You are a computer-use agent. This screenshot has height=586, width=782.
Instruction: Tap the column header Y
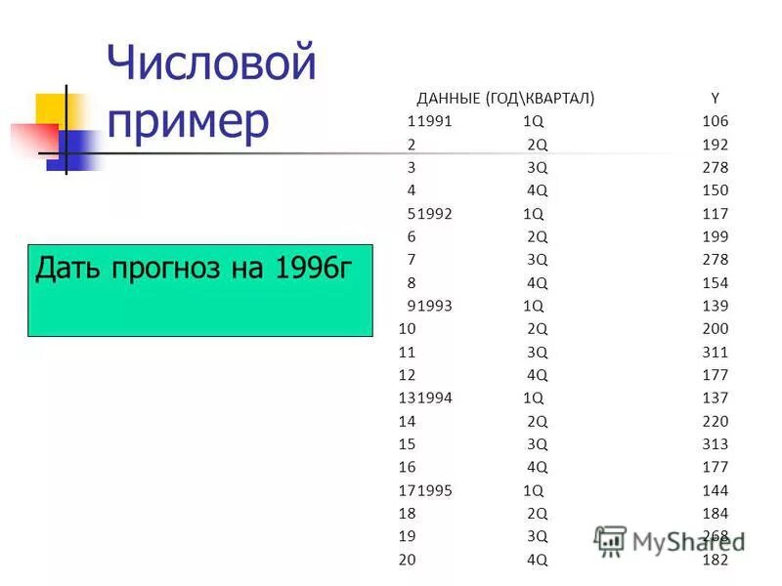715,98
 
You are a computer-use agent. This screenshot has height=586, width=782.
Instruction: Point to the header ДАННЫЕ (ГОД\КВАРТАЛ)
505,98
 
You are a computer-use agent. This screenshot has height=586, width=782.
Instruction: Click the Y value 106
715,121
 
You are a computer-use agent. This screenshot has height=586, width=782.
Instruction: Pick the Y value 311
715,352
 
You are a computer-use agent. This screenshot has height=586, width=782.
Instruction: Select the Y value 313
715,444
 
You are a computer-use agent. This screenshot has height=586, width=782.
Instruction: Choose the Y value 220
715,421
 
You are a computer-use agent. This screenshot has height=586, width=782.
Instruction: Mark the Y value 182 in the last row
715,560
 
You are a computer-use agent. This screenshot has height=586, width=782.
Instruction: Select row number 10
408,329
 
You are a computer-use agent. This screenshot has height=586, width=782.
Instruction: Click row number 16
408,467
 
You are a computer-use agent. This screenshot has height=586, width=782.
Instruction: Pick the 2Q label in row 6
537,236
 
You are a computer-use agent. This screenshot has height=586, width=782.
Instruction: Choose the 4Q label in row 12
537,375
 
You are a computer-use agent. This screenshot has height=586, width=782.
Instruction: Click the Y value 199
715,236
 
